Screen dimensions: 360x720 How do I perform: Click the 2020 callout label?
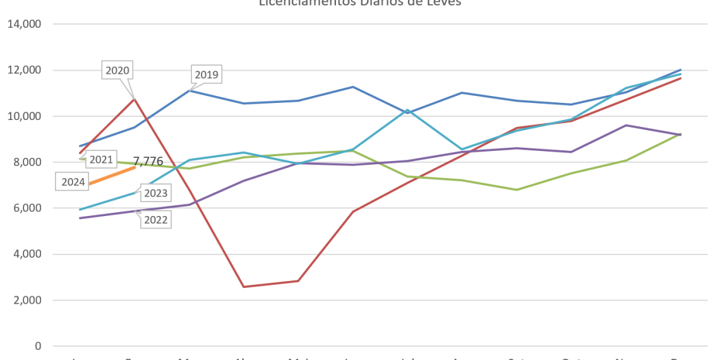click(117, 71)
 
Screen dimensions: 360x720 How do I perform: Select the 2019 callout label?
click(207, 75)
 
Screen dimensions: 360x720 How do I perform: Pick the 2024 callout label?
click(74, 183)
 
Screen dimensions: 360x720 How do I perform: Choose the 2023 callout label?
click(155, 193)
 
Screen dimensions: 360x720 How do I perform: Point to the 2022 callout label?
click(155, 220)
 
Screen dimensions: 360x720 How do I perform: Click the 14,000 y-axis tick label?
click(25, 24)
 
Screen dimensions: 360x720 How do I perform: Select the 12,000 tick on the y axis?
click(25, 70)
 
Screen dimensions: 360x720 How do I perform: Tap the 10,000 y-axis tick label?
click(25, 116)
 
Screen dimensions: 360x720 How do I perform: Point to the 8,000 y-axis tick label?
click(27, 162)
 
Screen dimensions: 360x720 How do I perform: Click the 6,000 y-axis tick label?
click(27, 208)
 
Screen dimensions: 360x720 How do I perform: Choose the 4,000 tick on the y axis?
click(27, 255)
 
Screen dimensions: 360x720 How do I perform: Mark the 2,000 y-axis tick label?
click(27, 301)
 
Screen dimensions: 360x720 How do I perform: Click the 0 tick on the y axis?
click(39, 346)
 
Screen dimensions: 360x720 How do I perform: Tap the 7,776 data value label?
click(148, 161)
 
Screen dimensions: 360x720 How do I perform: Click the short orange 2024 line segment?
click(114, 176)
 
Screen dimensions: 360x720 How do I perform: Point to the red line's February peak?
click(134, 99)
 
